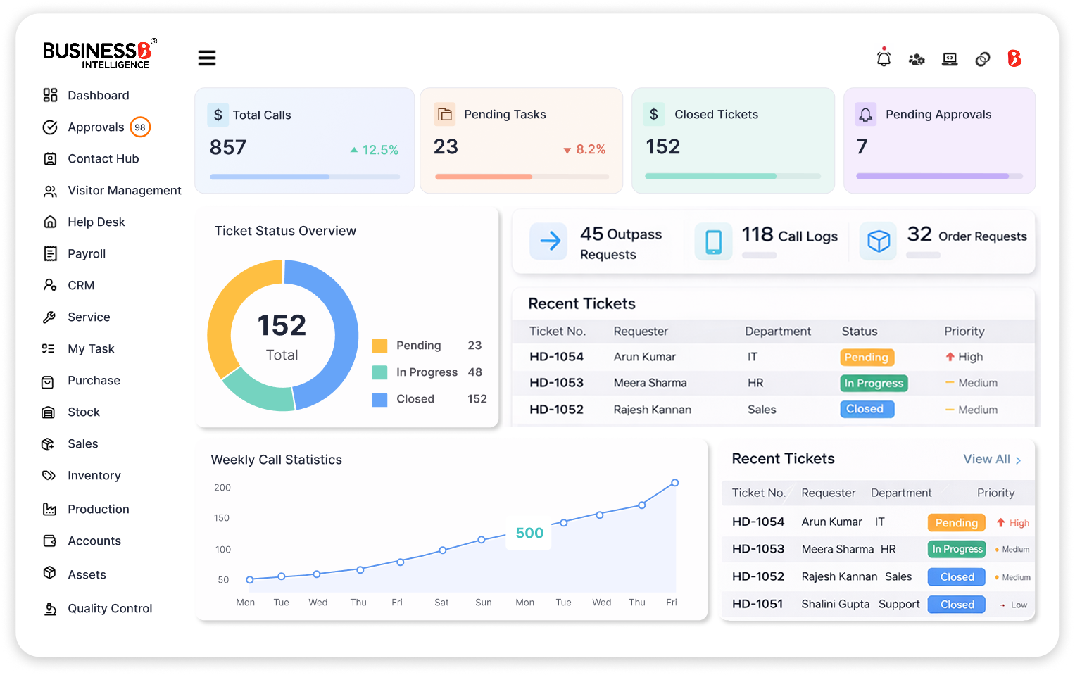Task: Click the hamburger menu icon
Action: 206,58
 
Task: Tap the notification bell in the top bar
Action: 884,58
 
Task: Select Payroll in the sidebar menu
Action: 87,253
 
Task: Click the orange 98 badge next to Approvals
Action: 140,127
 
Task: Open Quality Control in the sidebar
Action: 110,608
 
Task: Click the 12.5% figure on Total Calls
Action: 379,150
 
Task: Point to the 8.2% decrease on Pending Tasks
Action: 590,149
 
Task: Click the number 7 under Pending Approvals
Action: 862,146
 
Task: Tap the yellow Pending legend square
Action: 379,346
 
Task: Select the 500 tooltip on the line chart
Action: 529,533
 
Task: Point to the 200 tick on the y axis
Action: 222,487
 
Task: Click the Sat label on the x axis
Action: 441,603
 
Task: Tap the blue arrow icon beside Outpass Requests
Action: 549,241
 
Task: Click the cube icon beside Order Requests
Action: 878,241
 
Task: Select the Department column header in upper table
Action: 777,331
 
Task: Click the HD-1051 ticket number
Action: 757,604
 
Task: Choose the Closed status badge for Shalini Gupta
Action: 957,604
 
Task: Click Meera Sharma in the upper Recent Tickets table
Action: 650,383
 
